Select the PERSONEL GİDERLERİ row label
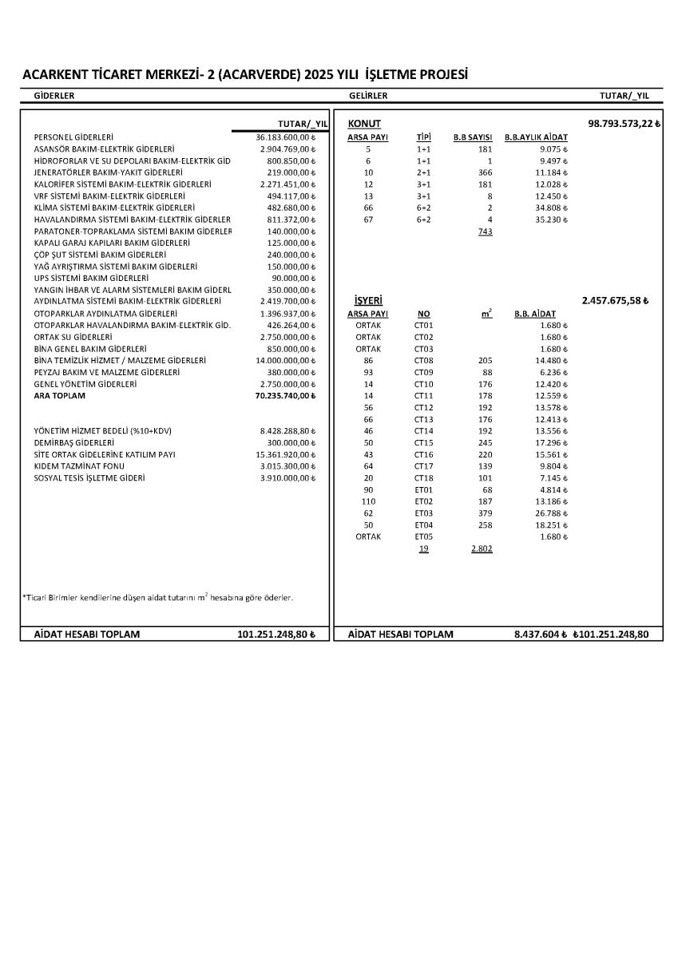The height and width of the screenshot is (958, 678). pos(73,137)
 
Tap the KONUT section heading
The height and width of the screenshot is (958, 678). pos(364,124)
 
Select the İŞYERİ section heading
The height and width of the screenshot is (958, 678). pos(367,301)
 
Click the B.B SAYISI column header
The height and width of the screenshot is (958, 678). pos(473,137)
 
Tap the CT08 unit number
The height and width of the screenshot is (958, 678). pos(423,361)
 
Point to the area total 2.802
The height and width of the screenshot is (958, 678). pos(482,549)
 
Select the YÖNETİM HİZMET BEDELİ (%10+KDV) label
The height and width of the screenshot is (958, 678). pos(103,431)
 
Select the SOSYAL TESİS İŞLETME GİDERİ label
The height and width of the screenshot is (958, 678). pos(89,478)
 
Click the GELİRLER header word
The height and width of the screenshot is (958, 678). pos(368,96)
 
